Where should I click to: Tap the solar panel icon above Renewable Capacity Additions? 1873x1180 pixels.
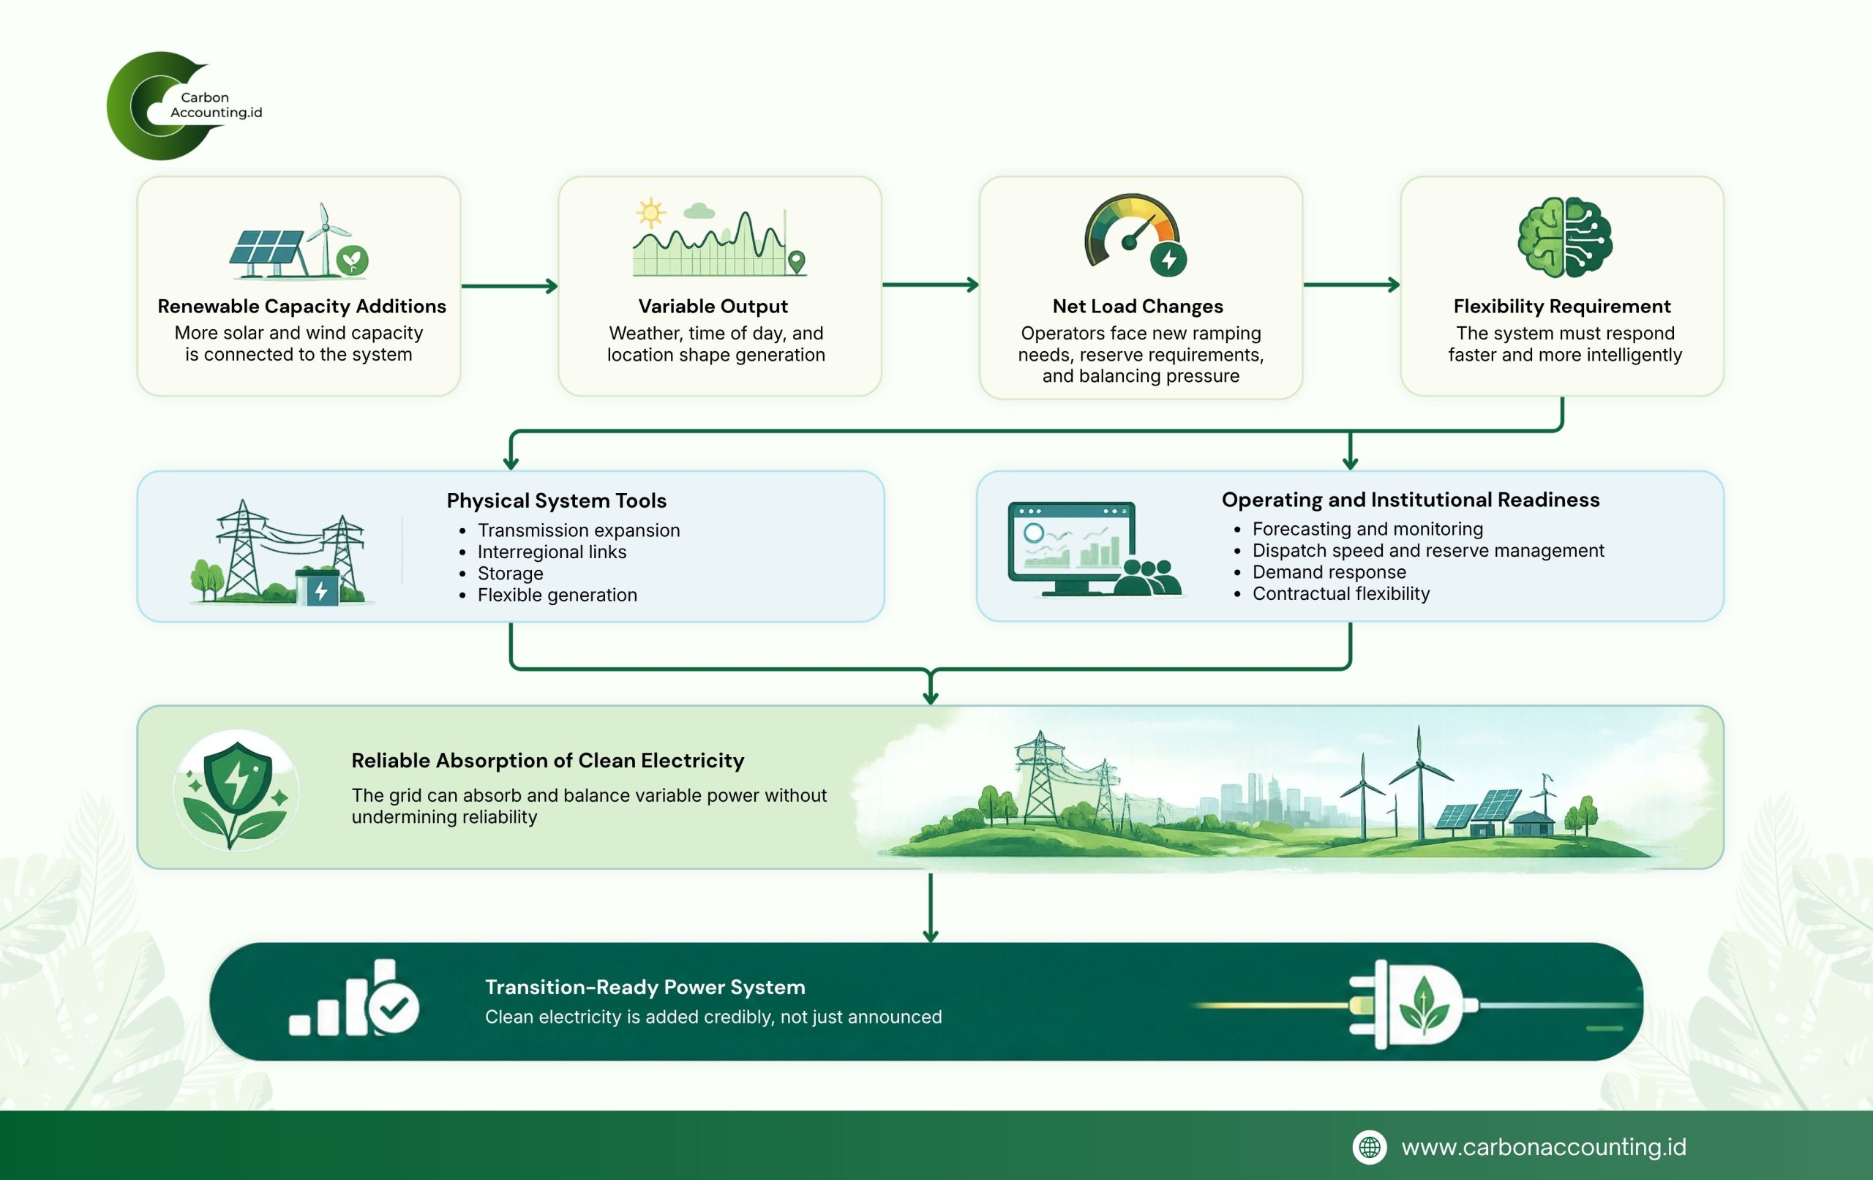click(x=266, y=254)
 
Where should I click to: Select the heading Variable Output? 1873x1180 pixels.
click(x=713, y=307)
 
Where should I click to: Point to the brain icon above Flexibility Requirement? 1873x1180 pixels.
click(x=1565, y=237)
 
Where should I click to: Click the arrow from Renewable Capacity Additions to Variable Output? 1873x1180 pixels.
click(x=509, y=286)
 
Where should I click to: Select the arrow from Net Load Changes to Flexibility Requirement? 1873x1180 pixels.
click(x=1352, y=285)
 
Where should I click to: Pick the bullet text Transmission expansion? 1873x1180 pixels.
click(x=579, y=530)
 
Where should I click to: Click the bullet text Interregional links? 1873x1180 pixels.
click(x=552, y=552)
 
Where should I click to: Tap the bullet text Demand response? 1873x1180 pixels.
click(x=1329, y=573)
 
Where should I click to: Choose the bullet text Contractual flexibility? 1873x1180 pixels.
click(x=1341, y=594)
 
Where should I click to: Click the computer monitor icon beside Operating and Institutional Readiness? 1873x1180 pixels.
click(x=1072, y=549)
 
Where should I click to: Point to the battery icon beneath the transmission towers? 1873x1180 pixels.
click(x=318, y=587)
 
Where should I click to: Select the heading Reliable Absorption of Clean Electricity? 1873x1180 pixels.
click(x=547, y=761)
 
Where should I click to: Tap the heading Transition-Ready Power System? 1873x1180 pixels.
click(x=645, y=987)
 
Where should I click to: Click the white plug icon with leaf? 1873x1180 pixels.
click(x=1412, y=1004)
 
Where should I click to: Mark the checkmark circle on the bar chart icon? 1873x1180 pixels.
click(x=394, y=1007)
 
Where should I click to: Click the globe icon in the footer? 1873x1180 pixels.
click(x=1370, y=1147)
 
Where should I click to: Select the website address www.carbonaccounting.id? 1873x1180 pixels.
click(x=1543, y=1147)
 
